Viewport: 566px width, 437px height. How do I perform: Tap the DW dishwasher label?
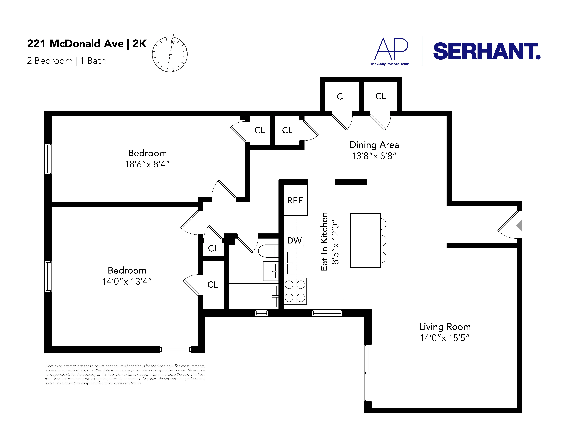pos(294,240)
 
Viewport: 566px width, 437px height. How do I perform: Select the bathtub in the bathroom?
pos(253,296)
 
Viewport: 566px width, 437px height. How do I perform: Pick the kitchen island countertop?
pos(365,240)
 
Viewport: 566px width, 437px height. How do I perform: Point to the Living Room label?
pos(445,327)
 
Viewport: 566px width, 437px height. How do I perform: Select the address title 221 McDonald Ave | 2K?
pos(87,43)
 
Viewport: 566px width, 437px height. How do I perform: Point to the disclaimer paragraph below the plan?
pos(125,374)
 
